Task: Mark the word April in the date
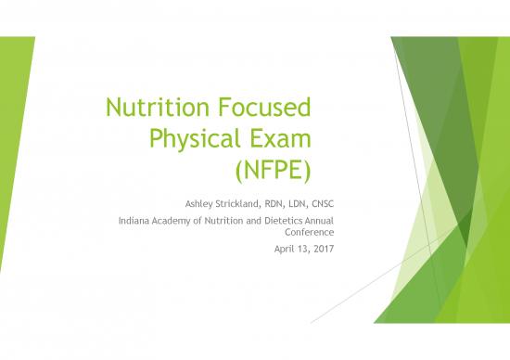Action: [271, 250]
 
